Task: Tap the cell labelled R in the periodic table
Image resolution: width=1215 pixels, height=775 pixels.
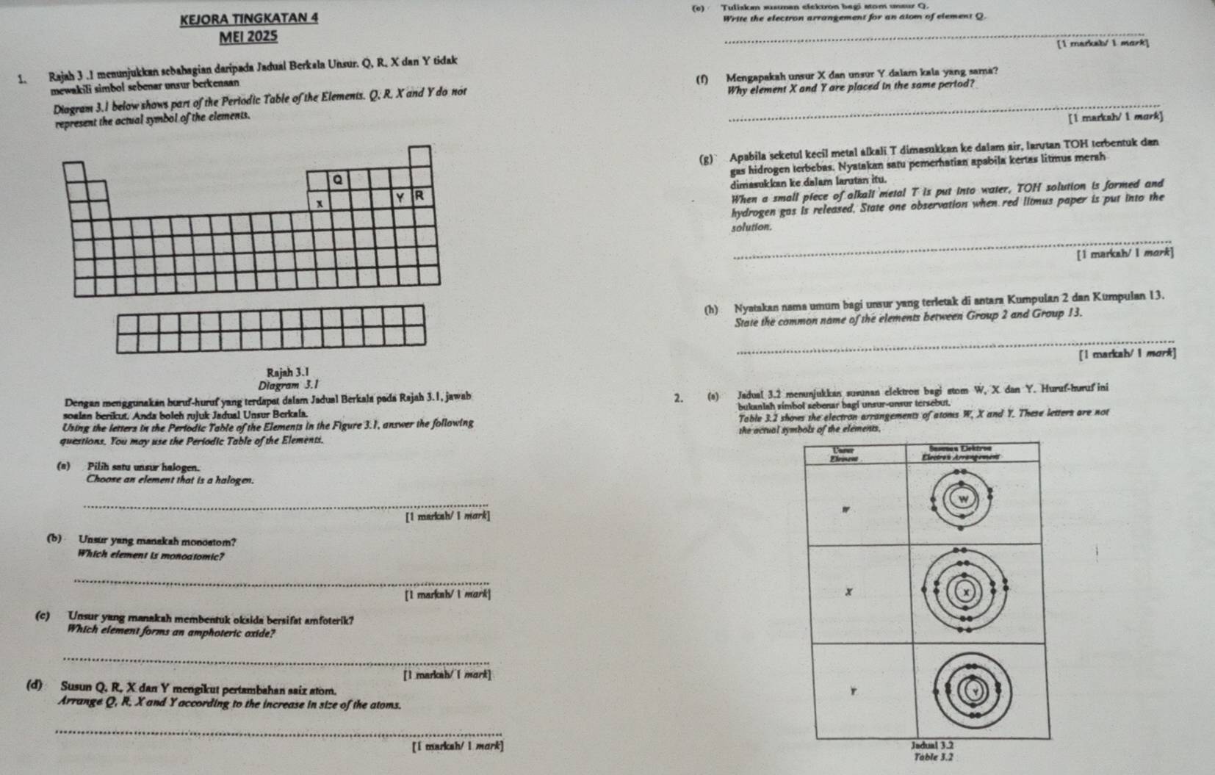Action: click(x=419, y=195)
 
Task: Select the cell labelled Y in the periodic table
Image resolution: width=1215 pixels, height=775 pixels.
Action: click(x=400, y=197)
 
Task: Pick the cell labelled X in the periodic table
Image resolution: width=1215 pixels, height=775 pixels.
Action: click(x=317, y=203)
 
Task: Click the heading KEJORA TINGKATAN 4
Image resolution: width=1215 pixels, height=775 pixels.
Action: click(x=249, y=17)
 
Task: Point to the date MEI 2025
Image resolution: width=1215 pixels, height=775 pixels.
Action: click(x=248, y=36)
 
